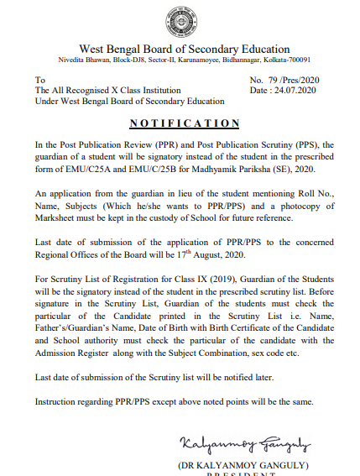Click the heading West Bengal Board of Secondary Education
(184, 49)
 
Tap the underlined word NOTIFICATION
(180, 123)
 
